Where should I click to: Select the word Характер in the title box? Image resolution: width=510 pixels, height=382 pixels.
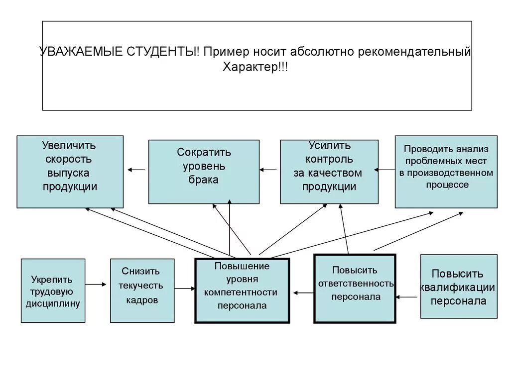pyautogui.click(x=250, y=68)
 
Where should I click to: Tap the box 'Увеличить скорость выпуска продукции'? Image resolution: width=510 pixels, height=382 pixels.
pyautogui.click(x=70, y=172)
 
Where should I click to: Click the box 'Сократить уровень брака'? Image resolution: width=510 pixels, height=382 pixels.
pyautogui.click(x=204, y=172)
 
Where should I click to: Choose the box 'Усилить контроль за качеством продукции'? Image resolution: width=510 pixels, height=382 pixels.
pyautogui.click(x=329, y=172)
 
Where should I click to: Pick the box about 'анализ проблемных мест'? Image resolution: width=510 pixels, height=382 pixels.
pyautogui.click(x=446, y=172)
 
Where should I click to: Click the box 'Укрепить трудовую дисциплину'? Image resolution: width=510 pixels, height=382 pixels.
pyautogui.click(x=53, y=290)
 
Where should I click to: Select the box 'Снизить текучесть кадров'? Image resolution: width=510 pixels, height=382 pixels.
pyautogui.click(x=142, y=290)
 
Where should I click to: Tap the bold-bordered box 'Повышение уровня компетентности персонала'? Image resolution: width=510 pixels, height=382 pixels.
pyautogui.click(x=242, y=290)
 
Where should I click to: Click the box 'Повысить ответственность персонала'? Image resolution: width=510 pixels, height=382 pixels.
pyautogui.click(x=355, y=288)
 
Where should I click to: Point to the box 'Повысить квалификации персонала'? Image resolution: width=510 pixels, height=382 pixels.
pyautogui.click(x=459, y=286)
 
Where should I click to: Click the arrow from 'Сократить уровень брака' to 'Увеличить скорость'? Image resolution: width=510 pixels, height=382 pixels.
pyautogui.click(x=136, y=170)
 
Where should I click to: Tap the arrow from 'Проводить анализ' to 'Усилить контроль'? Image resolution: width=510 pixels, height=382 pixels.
pyautogui.click(x=385, y=170)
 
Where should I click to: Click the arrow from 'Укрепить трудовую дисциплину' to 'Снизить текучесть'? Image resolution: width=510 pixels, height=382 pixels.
pyautogui.click(x=96, y=285)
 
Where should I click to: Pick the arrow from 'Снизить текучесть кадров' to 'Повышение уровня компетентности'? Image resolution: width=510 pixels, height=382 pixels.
pyautogui.click(x=185, y=288)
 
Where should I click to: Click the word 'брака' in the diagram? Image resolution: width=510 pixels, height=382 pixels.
pyautogui.click(x=203, y=180)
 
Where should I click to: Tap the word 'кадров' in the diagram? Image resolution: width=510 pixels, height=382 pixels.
pyautogui.click(x=141, y=300)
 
